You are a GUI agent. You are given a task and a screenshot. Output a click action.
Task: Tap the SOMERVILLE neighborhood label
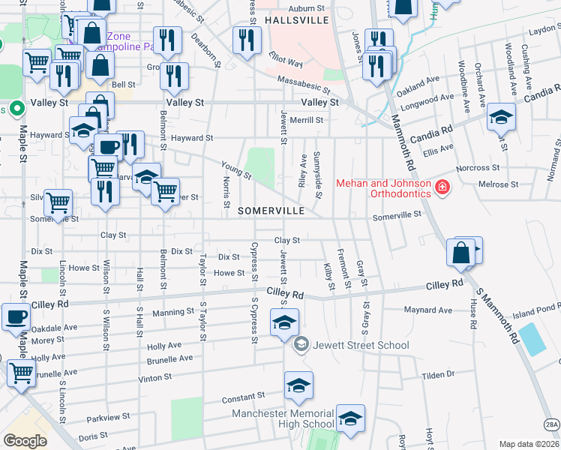coord(271,211)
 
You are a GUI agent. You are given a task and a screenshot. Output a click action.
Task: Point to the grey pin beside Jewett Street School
coord(301,344)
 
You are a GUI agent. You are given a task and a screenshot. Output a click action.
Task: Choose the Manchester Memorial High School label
coord(283,418)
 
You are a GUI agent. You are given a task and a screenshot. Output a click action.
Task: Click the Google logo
coord(25,441)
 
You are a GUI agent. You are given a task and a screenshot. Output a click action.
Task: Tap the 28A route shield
coord(551,425)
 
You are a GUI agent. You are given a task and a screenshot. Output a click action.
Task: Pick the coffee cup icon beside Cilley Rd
coord(16,317)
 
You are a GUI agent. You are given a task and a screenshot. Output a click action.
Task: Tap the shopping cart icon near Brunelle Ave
coord(20,373)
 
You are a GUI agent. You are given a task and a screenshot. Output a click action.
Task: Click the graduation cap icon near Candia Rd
coord(501,117)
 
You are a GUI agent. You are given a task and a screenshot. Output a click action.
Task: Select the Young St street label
coord(235,170)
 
